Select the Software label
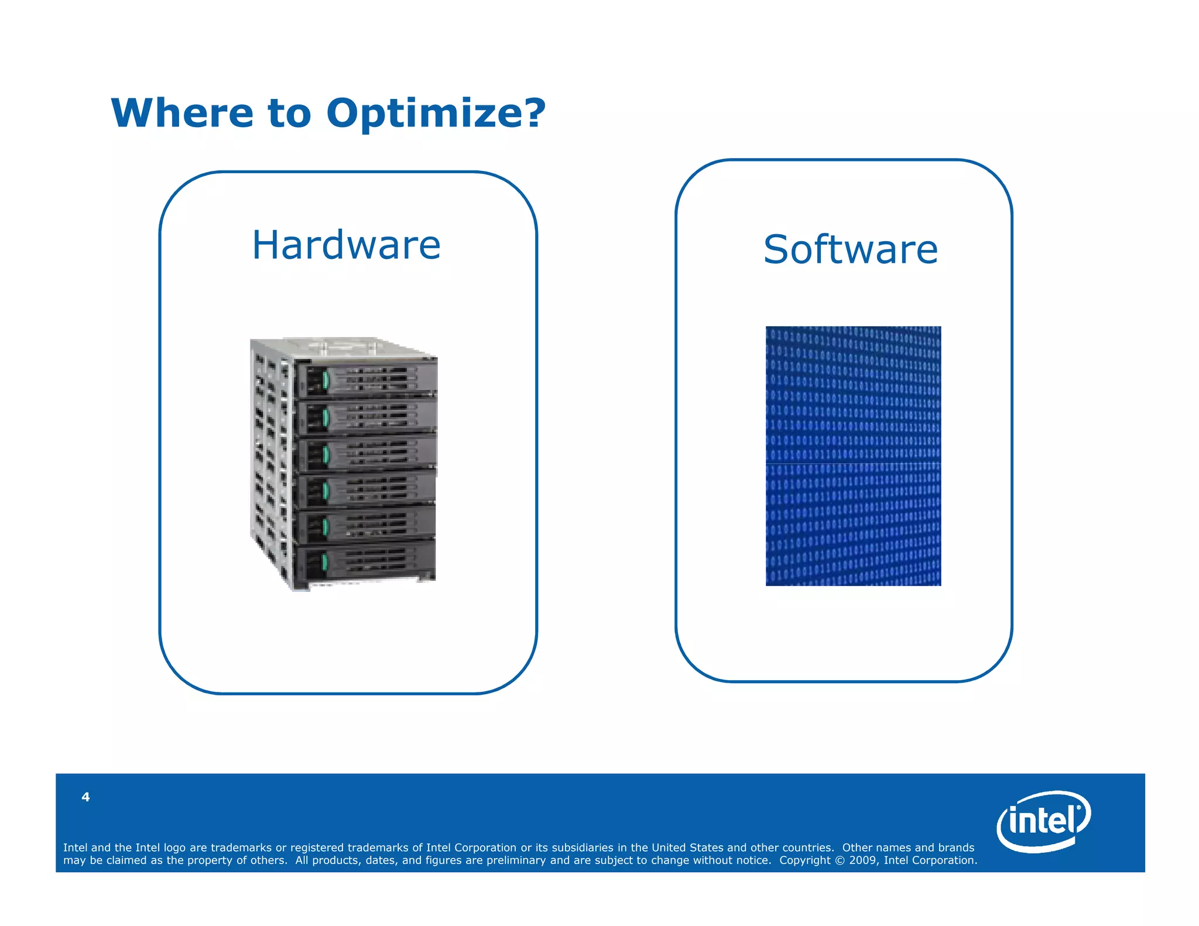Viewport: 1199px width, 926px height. [850, 249]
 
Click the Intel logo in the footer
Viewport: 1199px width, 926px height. [1043, 821]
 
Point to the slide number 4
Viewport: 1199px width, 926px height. [85, 797]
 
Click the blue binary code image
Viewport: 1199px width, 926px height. [853, 455]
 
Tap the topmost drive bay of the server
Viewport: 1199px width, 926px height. [366, 379]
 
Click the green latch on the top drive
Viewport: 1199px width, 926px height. [326, 380]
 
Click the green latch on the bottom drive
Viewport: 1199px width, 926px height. [324, 563]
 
